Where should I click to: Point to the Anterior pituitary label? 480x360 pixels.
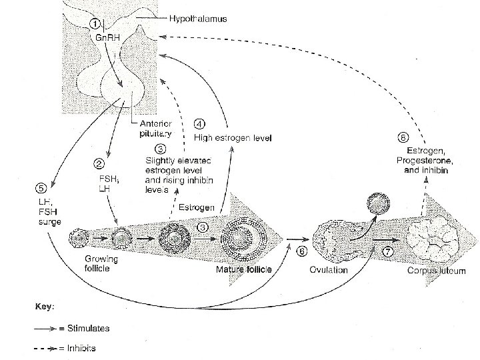point(156,128)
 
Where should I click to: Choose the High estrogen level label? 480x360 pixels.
point(233,137)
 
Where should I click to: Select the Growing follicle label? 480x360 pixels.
point(101,264)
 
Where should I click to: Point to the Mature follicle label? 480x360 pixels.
point(242,269)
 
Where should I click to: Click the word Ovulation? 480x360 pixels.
point(328,269)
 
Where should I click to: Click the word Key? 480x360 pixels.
point(44,307)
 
